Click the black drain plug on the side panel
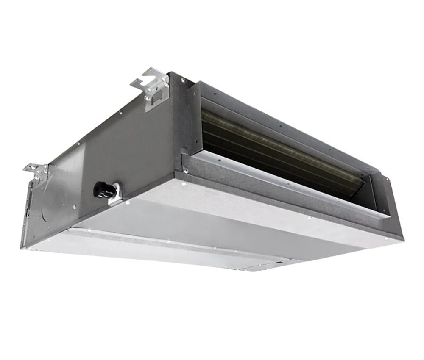[x=104, y=190]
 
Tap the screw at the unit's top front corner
[x=183, y=79]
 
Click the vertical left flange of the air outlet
[x=195, y=119]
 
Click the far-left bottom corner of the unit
[x=23, y=247]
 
